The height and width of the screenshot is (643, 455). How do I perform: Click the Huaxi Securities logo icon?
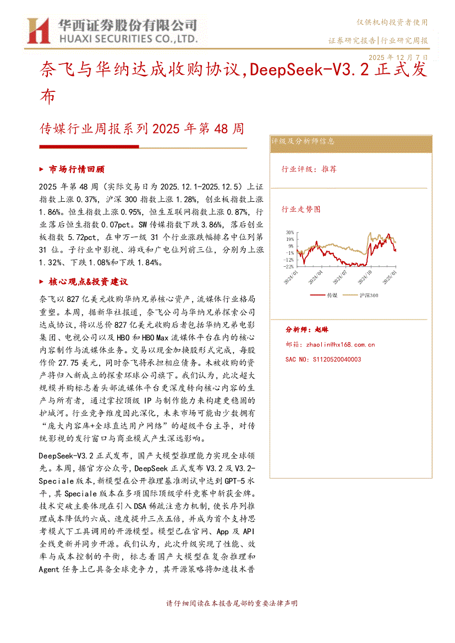click(x=39, y=30)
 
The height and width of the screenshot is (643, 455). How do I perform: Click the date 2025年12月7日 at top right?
click(x=398, y=57)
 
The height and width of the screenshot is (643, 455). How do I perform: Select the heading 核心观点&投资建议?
click(x=88, y=282)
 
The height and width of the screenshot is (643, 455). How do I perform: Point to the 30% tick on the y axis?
click(x=289, y=233)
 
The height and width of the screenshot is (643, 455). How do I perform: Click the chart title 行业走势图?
click(x=301, y=210)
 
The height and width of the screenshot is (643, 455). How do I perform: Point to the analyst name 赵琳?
click(x=322, y=329)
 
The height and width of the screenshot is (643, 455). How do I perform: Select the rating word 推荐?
click(x=329, y=169)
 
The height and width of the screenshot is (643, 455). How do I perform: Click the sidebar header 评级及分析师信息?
click(x=303, y=141)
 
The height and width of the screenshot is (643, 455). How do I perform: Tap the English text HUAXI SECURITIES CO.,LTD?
click(x=127, y=39)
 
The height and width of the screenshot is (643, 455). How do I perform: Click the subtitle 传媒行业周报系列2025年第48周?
click(x=142, y=129)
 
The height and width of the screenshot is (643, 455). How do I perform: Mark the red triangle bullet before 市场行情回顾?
click(x=43, y=169)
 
